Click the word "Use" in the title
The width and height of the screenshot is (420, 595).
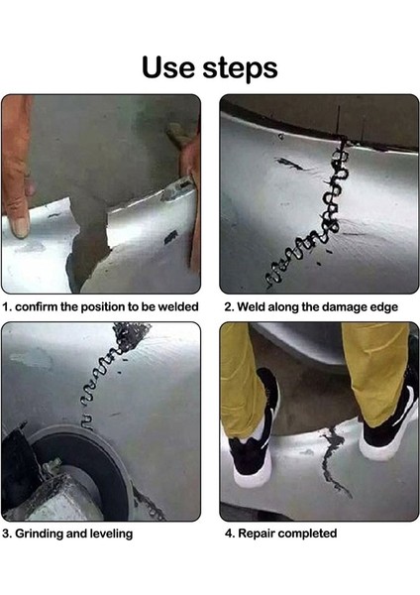point(168,67)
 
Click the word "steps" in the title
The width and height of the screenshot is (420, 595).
point(240,68)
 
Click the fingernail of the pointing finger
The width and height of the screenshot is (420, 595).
point(19,227)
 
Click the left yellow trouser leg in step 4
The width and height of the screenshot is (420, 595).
point(243,380)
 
